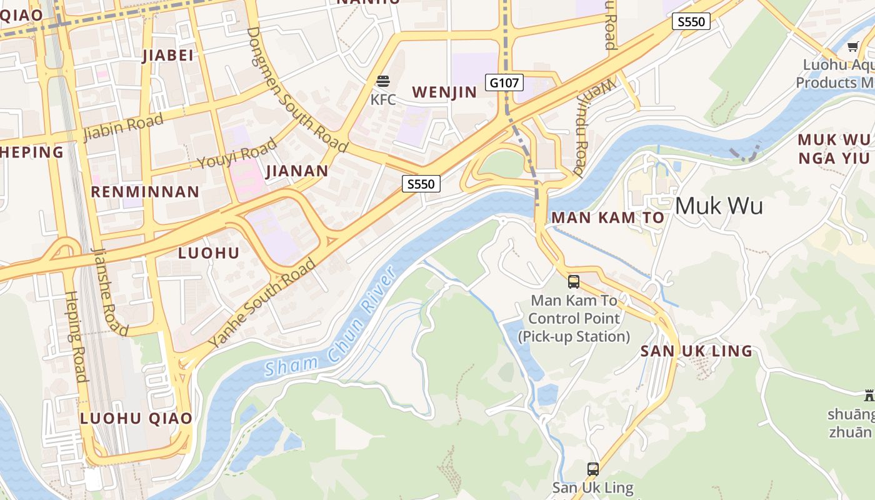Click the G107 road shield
pos(504,82)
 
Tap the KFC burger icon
pos(382,81)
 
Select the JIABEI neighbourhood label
pos(168,56)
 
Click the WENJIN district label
pos(444,92)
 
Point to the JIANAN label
pos(297,171)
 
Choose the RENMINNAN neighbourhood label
pos(145,192)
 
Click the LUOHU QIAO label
pos(136,418)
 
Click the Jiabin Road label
pos(123,127)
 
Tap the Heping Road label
pos(75,336)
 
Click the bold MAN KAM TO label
pos(607,217)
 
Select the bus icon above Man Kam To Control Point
pos(574,282)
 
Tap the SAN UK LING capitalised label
pos(696,351)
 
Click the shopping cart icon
pos(853,46)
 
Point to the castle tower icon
pos(868,394)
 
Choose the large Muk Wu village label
pos(719,206)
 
